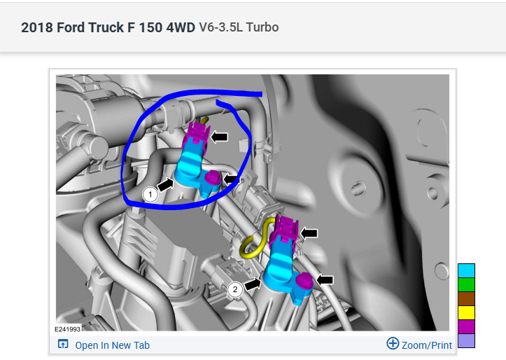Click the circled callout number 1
(150, 195)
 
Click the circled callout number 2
(235, 289)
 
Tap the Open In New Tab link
(112, 345)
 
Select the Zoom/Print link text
(427, 345)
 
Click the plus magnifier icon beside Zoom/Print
(393, 343)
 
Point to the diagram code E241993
(67, 329)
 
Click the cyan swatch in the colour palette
(466, 270)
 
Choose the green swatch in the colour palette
(466, 285)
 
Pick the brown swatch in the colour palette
(466, 298)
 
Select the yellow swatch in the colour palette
(466, 312)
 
